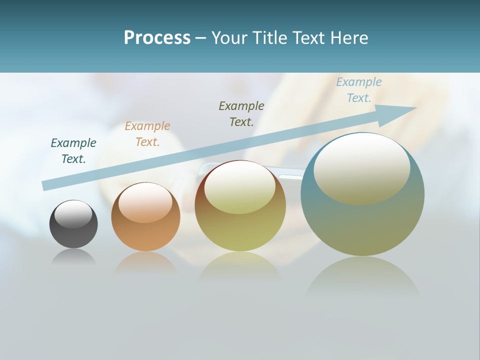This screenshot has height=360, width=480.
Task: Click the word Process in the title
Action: (x=157, y=38)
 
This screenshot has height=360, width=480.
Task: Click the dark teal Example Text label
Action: (x=73, y=151)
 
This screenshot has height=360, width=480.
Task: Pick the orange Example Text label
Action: (x=147, y=134)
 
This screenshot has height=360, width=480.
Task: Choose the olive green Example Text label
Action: (x=241, y=114)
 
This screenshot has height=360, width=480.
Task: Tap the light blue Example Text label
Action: (x=359, y=90)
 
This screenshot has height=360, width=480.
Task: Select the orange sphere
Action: (x=145, y=232)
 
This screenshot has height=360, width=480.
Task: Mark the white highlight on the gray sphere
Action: (x=73, y=214)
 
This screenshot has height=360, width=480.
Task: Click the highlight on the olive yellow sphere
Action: (x=239, y=187)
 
